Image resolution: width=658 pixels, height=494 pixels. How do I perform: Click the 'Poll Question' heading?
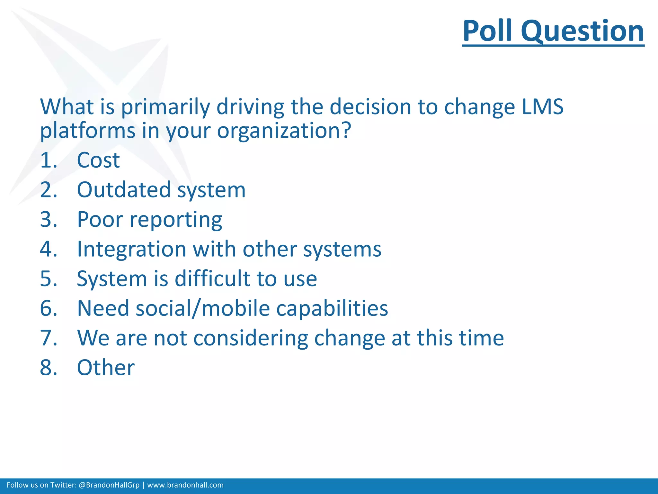tap(553, 31)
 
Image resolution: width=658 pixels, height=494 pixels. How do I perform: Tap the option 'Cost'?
tap(98, 160)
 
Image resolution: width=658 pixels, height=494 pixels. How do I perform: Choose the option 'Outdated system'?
tap(161, 190)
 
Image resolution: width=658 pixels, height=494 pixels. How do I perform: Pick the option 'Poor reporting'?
tap(149, 220)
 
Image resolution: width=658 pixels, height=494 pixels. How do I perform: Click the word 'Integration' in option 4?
tap(131, 249)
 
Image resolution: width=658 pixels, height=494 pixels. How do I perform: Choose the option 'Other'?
tap(106, 368)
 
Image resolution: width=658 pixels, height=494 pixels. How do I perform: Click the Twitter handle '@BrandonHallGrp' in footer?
tap(109, 485)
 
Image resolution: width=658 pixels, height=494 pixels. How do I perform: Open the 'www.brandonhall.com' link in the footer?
tap(185, 485)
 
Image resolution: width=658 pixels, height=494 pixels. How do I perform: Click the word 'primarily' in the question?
tap(165, 107)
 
